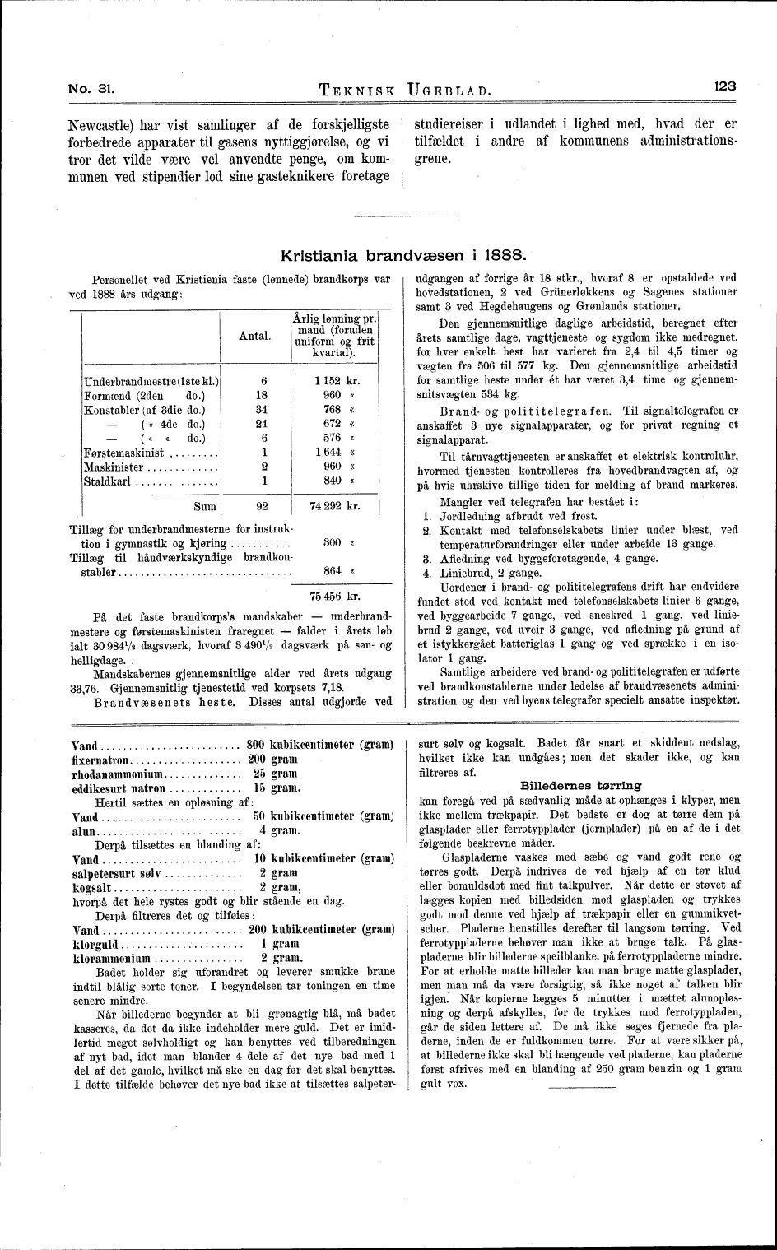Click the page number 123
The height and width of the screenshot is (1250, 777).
(x=724, y=85)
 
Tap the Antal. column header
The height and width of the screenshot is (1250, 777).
(x=255, y=336)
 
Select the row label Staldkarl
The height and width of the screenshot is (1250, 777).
(x=107, y=481)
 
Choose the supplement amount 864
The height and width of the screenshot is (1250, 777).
(x=333, y=570)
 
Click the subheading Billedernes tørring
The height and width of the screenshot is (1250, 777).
(x=580, y=785)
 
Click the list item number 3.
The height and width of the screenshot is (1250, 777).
(x=426, y=559)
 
